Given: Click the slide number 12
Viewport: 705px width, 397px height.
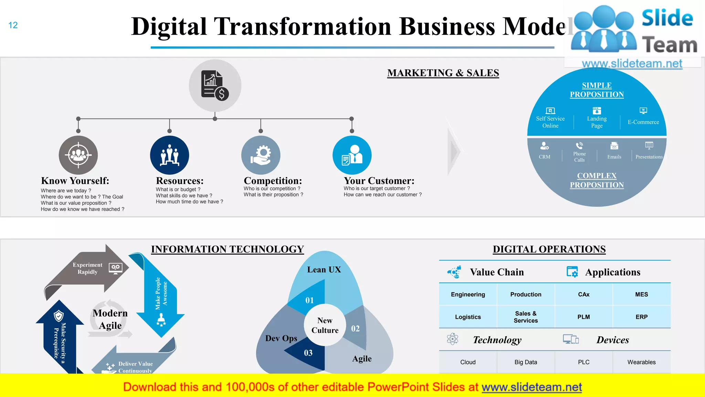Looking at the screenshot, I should [13, 25].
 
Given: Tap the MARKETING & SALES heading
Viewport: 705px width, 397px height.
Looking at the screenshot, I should [443, 73].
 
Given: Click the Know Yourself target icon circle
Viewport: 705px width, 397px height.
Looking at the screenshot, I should [78, 155].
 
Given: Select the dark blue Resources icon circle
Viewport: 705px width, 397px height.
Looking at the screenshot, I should [169, 155].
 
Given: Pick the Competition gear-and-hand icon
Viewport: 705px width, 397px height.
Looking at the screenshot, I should [261, 155].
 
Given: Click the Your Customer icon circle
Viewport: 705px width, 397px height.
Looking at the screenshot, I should [352, 155].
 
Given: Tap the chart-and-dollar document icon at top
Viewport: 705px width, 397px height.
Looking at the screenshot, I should [215, 85].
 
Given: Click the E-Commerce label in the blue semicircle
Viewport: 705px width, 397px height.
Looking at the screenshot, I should [643, 122].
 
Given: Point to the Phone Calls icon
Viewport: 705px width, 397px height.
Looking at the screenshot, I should [579, 145].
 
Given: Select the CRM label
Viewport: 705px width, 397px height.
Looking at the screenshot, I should [544, 157].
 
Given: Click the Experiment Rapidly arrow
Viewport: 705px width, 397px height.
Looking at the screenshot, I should [87, 268].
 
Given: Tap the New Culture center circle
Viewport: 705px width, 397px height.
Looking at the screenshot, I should [325, 325].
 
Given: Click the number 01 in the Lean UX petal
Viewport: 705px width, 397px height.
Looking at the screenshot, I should [309, 301].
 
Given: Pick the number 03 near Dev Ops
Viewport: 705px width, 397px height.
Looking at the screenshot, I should [308, 353].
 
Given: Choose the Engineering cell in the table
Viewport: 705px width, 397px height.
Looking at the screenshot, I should [468, 294].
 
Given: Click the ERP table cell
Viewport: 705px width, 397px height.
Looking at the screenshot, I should [641, 317].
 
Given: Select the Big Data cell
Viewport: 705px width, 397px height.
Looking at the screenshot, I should [526, 362].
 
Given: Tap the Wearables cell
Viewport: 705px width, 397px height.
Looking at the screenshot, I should [641, 362].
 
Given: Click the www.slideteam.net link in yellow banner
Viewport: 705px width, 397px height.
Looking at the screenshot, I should [532, 387].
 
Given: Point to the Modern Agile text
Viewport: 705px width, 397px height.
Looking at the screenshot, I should [110, 319].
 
